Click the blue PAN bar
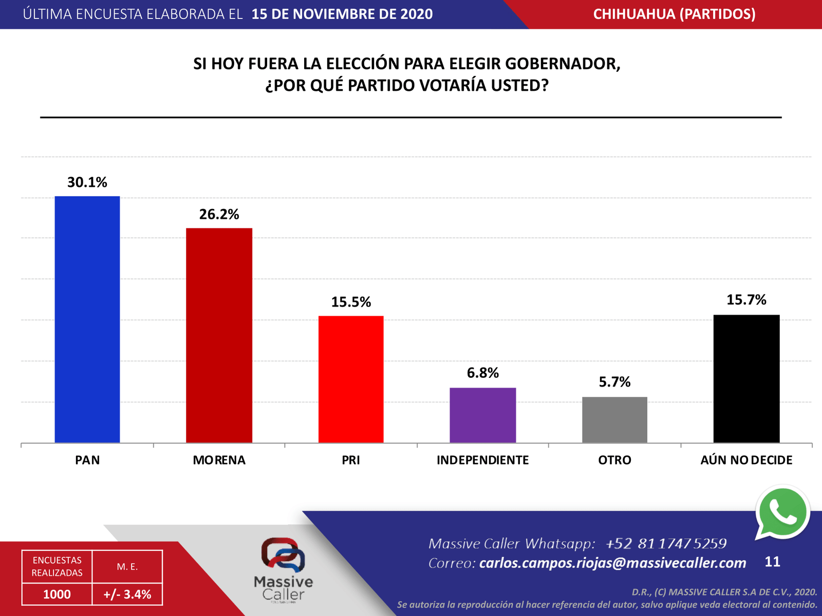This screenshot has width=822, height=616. pyautogui.click(x=87, y=319)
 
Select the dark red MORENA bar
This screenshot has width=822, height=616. pyautogui.click(x=219, y=335)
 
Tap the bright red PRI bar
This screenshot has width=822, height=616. pyautogui.click(x=351, y=379)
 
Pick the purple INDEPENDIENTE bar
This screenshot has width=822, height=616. pyautogui.click(x=482, y=415)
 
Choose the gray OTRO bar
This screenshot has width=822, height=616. pyautogui.click(x=614, y=419)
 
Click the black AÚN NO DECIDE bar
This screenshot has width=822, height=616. pyautogui.click(x=746, y=378)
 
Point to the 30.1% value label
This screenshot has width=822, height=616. pyautogui.click(x=87, y=182)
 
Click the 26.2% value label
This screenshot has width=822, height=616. pyautogui.click(x=219, y=214)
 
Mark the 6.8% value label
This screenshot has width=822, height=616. pyautogui.click(x=482, y=373)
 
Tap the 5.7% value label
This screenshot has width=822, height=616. pyautogui.click(x=614, y=382)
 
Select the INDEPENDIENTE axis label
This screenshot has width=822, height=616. pyautogui.click(x=482, y=460)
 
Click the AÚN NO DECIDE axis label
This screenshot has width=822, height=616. pyautogui.click(x=746, y=460)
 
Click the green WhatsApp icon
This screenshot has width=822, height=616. pyautogui.click(x=782, y=513)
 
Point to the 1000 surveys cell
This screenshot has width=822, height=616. pyautogui.click(x=57, y=594)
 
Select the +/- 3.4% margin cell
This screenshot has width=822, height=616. pyautogui.click(x=127, y=594)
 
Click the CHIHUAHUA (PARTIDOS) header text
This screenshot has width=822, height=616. pyautogui.click(x=674, y=14)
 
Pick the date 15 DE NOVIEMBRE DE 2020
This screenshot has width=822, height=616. pyautogui.click(x=342, y=14)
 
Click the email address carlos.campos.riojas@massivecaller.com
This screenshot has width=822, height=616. pyautogui.click(x=612, y=563)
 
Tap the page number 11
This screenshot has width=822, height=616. pyautogui.click(x=772, y=562)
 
